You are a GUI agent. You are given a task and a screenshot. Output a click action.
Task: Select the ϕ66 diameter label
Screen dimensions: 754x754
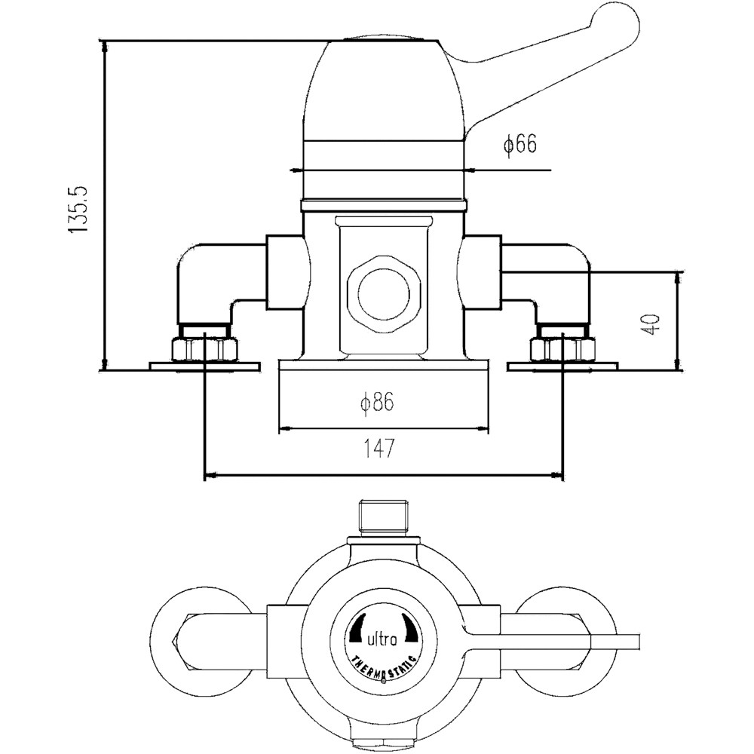coord(520,145)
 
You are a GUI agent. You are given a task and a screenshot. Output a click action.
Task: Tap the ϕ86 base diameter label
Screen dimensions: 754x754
coord(377,403)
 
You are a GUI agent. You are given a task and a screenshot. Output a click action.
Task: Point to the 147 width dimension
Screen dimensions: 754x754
coord(380,450)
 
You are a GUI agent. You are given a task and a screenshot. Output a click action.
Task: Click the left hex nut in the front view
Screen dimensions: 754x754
coord(205,349)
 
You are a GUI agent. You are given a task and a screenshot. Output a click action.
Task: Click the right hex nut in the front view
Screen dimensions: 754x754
coord(562,349)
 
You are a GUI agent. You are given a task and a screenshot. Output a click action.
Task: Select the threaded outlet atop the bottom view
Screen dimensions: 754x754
coord(385,516)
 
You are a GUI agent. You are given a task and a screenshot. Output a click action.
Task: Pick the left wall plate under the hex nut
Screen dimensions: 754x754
coord(205,366)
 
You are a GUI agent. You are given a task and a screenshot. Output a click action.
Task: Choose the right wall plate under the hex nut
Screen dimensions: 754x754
coord(562,366)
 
